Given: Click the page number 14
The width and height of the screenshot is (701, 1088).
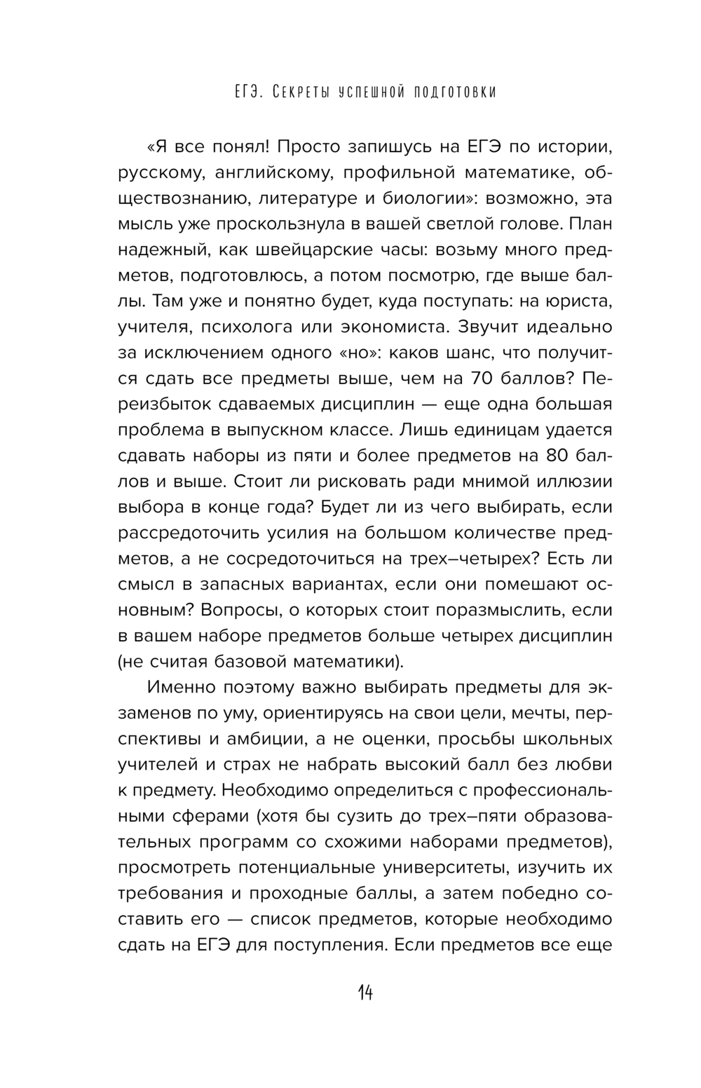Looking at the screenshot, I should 365,993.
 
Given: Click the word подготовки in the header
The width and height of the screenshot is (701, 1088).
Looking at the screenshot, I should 449,92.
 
